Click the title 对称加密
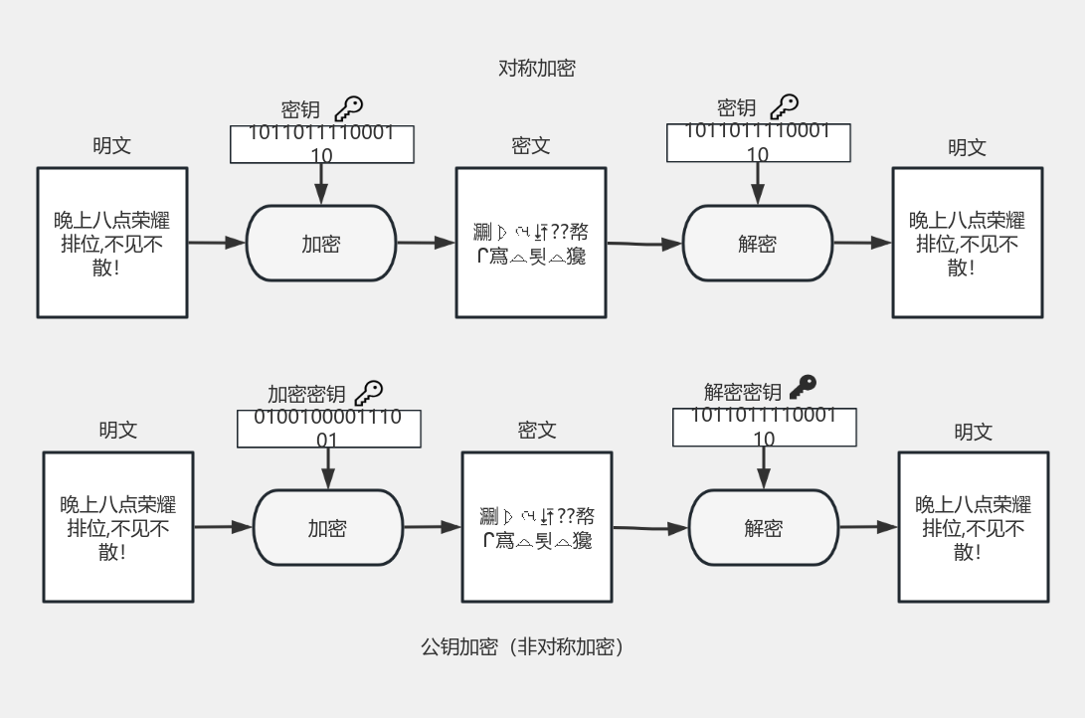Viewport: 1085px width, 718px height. point(536,69)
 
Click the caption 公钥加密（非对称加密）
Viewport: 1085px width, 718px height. point(522,647)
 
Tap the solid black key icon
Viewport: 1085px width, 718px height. point(802,387)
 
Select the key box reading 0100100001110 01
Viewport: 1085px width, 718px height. point(328,429)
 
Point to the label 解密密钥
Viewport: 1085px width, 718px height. point(743,392)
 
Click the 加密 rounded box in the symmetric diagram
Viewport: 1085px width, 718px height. point(321,244)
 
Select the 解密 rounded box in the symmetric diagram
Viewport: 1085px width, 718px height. point(758,244)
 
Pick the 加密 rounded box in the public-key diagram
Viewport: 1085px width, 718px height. point(328,528)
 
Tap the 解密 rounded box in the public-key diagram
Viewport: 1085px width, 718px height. point(764,528)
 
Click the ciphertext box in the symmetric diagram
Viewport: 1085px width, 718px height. point(531,243)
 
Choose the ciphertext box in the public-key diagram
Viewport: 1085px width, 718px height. point(537,527)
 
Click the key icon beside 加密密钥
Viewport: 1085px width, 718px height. point(369,392)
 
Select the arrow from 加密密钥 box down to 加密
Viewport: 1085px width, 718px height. point(328,468)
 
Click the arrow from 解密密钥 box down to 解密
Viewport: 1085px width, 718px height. point(764,468)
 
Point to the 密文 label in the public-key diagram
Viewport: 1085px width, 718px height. point(537,431)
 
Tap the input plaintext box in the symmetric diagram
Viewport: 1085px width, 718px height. point(112,243)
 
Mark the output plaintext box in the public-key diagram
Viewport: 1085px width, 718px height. point(974,527)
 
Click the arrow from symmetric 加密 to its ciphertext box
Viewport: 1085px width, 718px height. point(426,243)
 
